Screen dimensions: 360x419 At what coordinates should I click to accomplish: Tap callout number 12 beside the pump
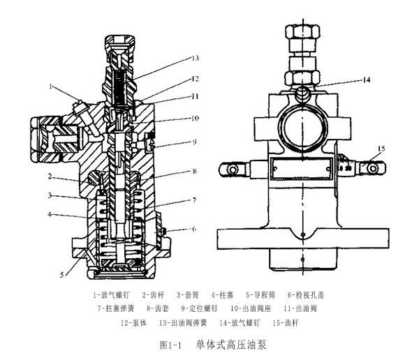(196, 77)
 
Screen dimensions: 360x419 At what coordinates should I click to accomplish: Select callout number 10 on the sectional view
(196, 118)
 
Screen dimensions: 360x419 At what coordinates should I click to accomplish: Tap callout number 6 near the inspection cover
(195, 229)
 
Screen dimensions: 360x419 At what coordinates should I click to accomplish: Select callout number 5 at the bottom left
(62, 275)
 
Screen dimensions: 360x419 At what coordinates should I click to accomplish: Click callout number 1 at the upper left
(51, 87)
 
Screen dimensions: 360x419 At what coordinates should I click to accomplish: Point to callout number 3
(50, 195)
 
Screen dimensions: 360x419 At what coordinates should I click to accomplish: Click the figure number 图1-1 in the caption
(170, 344)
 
